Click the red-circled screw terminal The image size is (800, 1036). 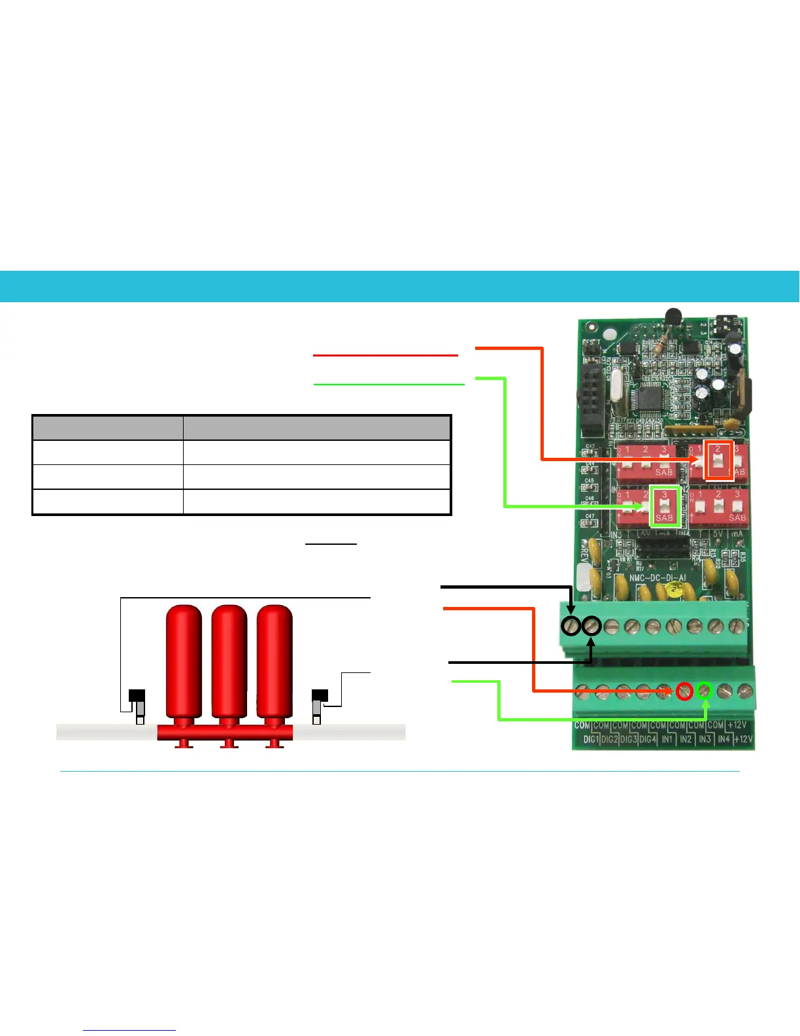(684, 691)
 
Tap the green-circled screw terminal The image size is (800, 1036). (704, 691)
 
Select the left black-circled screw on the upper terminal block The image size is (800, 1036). (571, 627)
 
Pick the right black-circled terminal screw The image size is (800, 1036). (592, 627)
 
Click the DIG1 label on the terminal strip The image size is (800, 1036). (590, 739)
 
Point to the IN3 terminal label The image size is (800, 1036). (705, 739)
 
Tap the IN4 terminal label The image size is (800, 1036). (724, 739)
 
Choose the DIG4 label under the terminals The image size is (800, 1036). (648, 739)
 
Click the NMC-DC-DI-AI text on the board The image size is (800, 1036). (657, 578)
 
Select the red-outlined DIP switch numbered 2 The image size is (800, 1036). (718, 460)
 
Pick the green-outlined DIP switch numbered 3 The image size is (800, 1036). (665, 506)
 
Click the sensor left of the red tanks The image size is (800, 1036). (137, 705)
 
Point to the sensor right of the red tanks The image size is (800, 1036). (319, 705)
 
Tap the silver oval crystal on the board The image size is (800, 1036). (616, 383)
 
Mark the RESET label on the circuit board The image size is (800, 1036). (591, 342)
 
